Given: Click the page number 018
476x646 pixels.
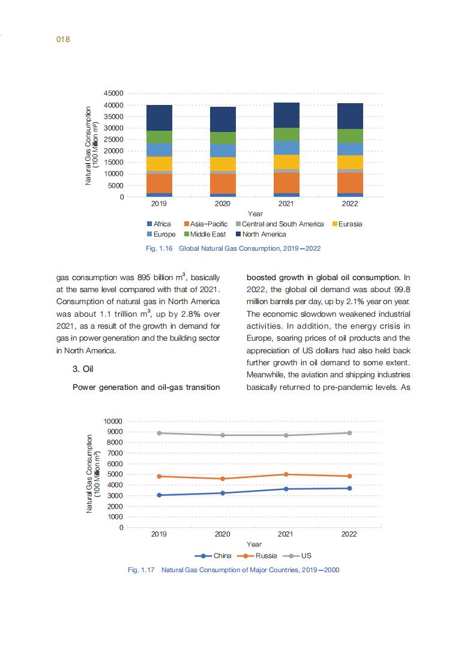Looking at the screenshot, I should click(64, 40).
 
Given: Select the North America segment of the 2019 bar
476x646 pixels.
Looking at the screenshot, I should click(159, 118).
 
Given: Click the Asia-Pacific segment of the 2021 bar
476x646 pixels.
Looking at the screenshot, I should click(286, 183).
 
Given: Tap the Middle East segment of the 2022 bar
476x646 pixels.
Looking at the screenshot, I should click(350, 136).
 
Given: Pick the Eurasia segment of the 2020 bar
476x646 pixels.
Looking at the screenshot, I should click(223, 164).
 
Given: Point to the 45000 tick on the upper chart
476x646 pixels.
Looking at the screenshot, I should click(113, 94).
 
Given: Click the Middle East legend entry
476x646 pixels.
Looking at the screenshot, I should click(204, 234).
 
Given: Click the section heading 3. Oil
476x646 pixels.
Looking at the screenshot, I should click(85, 369).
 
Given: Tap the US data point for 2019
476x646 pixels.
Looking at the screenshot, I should click(159, 433).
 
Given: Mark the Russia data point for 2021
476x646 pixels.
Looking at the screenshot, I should click(286, 474).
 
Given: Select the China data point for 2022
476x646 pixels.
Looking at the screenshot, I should click(349, 488).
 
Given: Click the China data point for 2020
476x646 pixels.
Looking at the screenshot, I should click(223, 493).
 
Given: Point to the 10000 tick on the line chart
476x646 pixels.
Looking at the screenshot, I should click(113, 421).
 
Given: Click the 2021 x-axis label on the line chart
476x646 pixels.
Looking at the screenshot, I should click(286, 534).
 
